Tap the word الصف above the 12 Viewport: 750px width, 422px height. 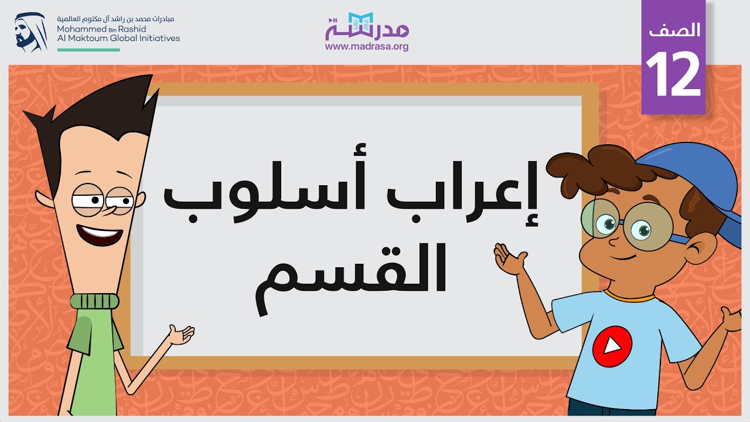[675, 30]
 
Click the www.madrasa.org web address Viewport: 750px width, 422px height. [367, 47]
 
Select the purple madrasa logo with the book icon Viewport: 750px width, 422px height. [367, 26]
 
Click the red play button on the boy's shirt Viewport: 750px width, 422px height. [612, 346]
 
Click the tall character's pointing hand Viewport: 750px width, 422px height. [180, 335]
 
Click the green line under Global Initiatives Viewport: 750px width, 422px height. [88, 50]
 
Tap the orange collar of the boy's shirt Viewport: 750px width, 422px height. [630, 295]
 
